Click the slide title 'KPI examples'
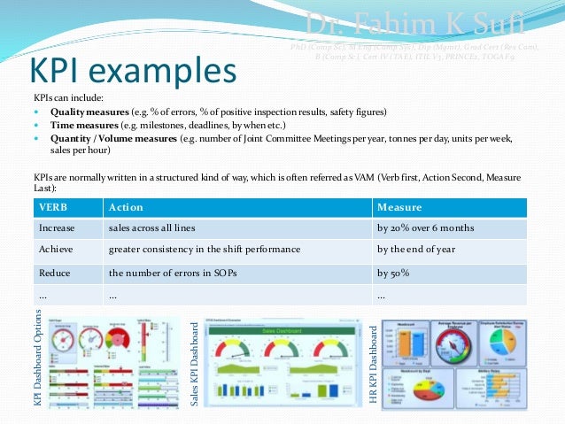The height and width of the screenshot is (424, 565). [x=133, y=71]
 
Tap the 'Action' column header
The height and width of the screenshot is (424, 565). [x=125, y=207]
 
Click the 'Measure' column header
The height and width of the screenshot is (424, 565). [x=398, y=207]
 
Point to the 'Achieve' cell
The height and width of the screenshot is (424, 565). [x=56, y=250]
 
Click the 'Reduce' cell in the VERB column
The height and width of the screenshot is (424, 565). [x=54, y=274]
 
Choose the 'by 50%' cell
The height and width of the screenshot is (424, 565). [x=393, y=274]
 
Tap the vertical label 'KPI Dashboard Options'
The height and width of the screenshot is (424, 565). [x=38, y=363]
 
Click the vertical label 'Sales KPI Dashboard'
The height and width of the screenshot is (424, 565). [x=195, y=364]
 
